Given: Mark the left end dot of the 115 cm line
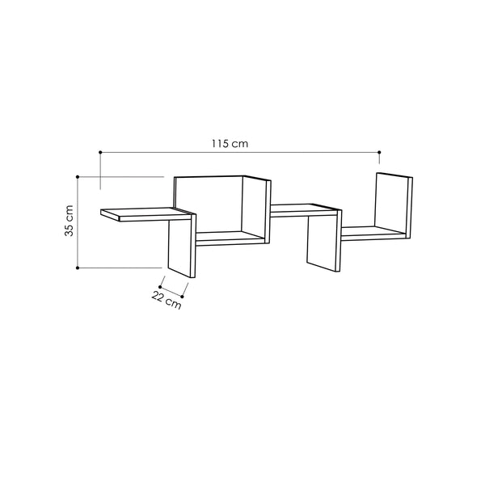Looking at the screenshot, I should pos(99,151).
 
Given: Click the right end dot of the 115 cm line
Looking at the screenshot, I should pos(379,151).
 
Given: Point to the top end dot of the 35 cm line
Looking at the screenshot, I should pos(77,176).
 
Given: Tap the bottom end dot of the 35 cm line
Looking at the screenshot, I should pos(77,267).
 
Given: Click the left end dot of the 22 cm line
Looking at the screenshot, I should pos(160,286).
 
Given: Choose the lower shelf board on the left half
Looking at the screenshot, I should pos(230,238).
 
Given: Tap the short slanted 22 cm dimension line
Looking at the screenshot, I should pos(174,291).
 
